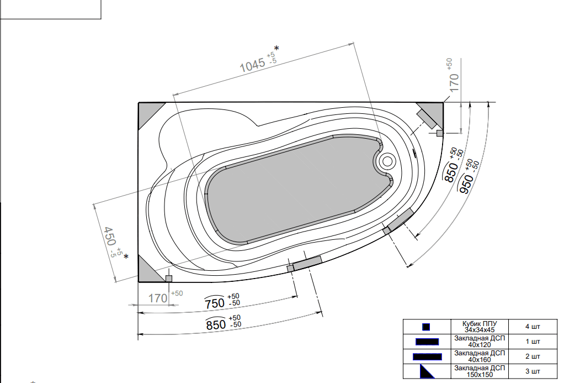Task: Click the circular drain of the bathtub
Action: point(387,161)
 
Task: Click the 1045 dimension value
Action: point(253,65)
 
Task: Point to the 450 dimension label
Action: point(109,237)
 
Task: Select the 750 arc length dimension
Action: point(215,303)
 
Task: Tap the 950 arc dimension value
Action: point(466,183)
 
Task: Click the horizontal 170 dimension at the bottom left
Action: point(157,298)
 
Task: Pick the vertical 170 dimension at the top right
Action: point(454,82)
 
